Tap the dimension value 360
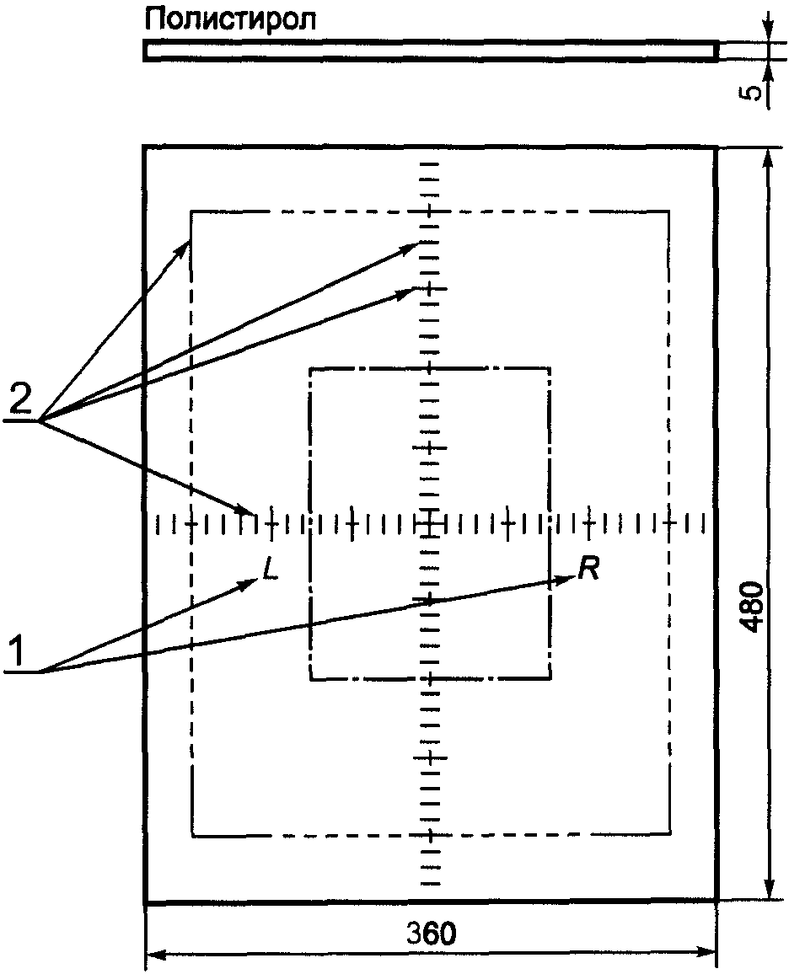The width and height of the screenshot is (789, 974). [431, 933]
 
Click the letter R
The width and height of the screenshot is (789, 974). [588, 570]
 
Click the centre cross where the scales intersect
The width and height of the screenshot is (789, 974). [431, 523]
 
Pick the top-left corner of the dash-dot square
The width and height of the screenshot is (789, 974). [311, 368]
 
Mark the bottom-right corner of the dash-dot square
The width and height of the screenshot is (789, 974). [550, 677]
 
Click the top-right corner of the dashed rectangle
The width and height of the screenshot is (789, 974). [669, 211]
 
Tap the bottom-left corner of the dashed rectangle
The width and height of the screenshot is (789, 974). [192, 835]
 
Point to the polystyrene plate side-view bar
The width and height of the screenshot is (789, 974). [431, 51]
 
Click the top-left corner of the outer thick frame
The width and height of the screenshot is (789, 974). [146, 148]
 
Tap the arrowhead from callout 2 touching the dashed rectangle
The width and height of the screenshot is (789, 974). [187, 245]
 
